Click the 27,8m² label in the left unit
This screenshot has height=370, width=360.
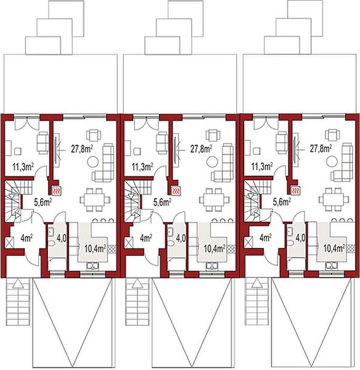pos(81,149)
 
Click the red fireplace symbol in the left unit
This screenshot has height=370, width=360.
pos(57,191)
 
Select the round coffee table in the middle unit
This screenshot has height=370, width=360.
pos(211,162)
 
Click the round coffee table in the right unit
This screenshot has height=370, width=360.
pos(332,162)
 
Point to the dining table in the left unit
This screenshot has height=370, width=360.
pos(92,197)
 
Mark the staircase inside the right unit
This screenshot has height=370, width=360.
pos(252,197)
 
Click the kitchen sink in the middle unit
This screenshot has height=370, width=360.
pos(212,266)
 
